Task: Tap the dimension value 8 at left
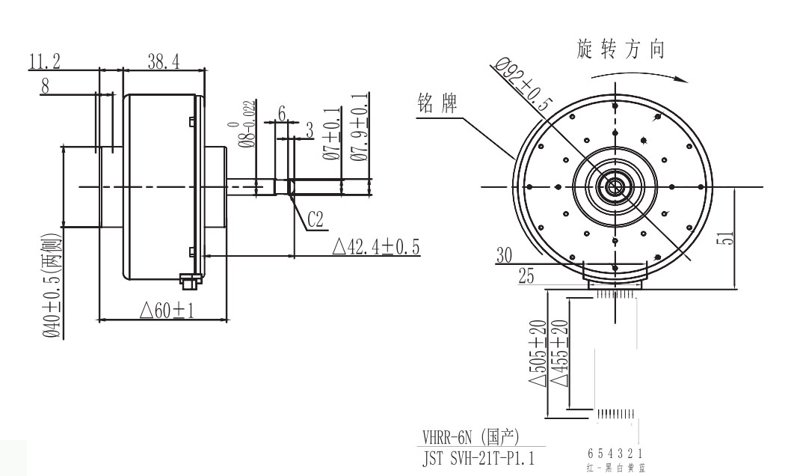[x=45, y=86]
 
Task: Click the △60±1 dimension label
[x=167, y=309]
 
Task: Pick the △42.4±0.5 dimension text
[x=378, y=246]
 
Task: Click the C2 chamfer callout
[x=316, y=220]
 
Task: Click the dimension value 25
[x=527, y=278]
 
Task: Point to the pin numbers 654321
[x=617, y=453]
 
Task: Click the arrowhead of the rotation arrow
[x=682, y=77]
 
